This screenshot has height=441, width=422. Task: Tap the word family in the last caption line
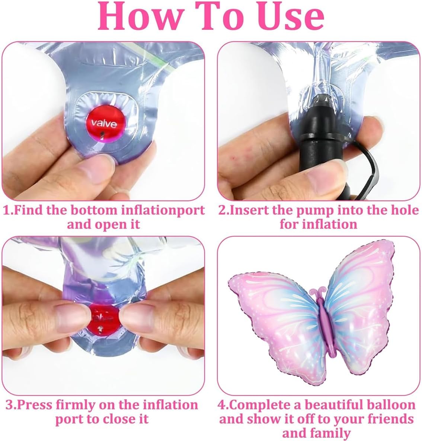[x=334, y=434]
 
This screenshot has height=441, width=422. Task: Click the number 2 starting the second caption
[x=222, y=210]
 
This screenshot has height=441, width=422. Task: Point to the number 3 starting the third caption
[x=9, y=405]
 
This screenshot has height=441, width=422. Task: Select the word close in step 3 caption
[x=120, y=419]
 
